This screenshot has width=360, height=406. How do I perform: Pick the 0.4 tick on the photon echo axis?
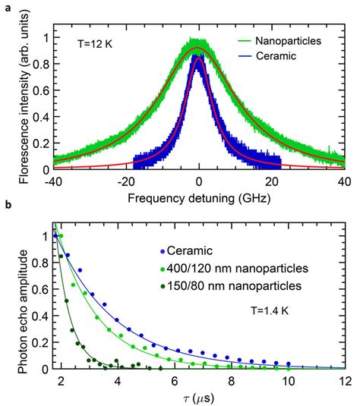click(x=31, y=316)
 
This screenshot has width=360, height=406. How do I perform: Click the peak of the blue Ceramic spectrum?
click(x=198, y=61)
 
